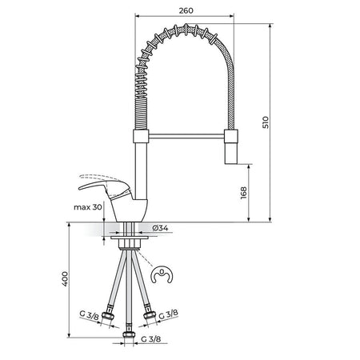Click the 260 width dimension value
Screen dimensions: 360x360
pos(186,10)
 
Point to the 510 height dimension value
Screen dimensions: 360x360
pos(266,122)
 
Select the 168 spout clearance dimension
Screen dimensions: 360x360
pos(243,193)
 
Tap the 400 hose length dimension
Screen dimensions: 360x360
pos(65,278)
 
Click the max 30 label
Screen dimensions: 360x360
pos(88,207)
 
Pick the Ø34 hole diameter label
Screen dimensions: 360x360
pos(160,228)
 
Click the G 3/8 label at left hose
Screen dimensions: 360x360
pos(90,315)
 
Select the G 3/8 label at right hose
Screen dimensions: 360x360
pos(169,314)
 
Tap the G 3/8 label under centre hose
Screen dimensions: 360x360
pos(151,339)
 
